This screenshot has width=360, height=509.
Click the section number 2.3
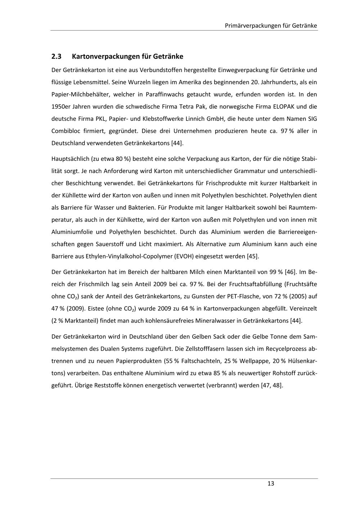coord(57,57)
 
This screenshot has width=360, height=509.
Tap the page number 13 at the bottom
coord(271,483)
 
